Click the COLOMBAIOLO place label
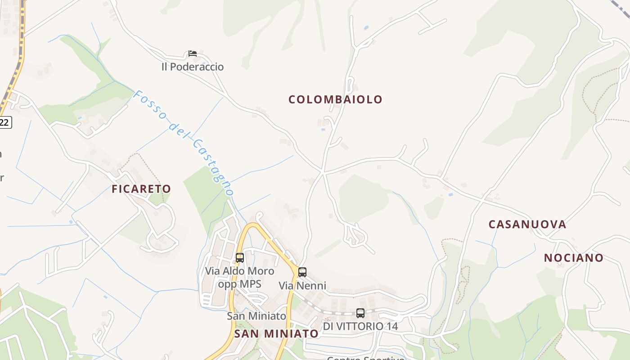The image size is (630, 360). click(335, 99)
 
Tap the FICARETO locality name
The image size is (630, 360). click(141, 189)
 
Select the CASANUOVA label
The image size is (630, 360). click(527, 224)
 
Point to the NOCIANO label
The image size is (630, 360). click(574, 258)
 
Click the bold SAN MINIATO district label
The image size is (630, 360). click(276, 333)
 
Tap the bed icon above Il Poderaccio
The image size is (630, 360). click(193, 54)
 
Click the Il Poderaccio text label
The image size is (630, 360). click(193, 67)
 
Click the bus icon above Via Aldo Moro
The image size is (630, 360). click(240, 258)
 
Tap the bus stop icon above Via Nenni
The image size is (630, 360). click(302, 272)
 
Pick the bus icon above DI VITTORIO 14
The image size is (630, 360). click(360, 313)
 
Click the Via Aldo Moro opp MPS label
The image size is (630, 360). click(239, 277)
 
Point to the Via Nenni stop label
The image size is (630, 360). click(302, 286)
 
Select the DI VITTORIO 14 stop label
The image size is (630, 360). click(360, 326)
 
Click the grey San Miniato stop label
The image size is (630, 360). click(256, 316)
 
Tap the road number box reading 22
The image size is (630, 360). click(5, 122)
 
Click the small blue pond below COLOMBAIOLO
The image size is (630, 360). click(323, 130)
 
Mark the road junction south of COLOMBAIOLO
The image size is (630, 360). click(323, 172)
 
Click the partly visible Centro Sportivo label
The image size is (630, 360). click(365, 358)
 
